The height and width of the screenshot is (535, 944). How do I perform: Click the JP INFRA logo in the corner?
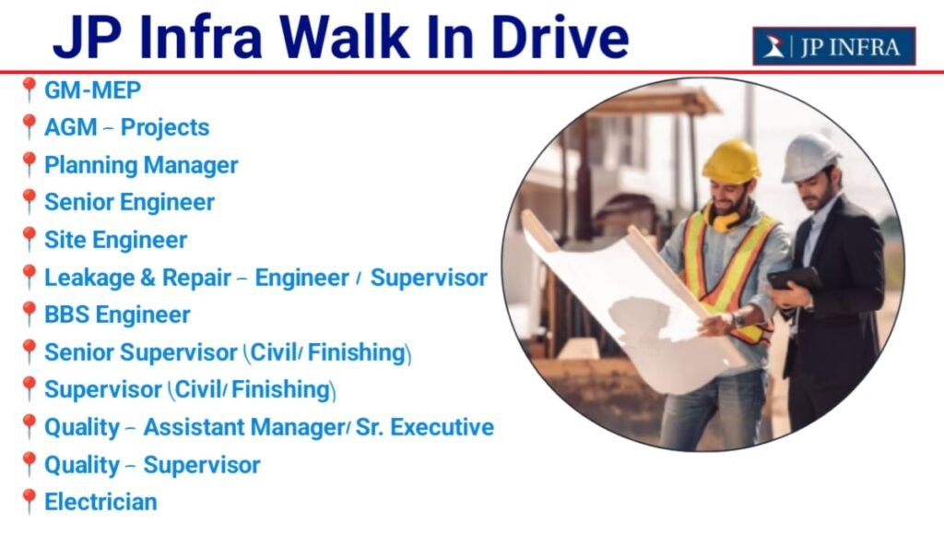[833, 46]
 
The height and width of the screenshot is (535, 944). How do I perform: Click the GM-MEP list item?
[92, 90]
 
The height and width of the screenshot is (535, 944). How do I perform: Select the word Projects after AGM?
[165, 127]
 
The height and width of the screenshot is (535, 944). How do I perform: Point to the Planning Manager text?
[141, 165]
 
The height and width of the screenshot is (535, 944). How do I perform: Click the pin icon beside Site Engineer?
[29, 239]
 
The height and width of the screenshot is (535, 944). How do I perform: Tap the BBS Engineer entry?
[117, 315]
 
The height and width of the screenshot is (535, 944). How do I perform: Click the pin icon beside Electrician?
[29, 501]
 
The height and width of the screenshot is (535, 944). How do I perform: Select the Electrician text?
[100, 502]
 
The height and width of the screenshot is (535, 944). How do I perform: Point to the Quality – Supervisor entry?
[152, 465]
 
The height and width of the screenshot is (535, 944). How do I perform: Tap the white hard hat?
[811, 156]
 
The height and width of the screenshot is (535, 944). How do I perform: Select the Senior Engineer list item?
[129, 202]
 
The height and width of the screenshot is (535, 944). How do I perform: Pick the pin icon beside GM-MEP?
[29, 89]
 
